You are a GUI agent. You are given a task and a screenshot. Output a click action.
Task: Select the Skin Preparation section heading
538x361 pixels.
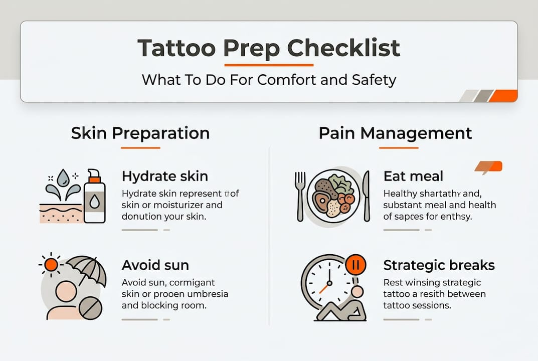(x=140, y=133)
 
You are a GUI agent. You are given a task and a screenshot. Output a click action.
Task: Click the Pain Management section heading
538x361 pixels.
(x=395, y=133)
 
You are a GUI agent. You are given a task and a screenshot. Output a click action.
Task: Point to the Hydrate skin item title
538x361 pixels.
(x=165, y=176)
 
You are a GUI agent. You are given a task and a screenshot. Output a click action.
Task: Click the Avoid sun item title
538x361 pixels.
(x=155, y=265)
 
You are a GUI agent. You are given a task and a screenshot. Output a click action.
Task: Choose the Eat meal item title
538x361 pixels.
(x=413, y=176)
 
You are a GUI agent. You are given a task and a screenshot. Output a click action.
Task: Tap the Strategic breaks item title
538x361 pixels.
(x=439, y=265)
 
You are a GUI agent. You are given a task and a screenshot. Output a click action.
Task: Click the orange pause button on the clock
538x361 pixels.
(x=355, y=265)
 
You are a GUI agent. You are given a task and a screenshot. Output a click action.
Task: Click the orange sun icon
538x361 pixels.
(x=51, y=264)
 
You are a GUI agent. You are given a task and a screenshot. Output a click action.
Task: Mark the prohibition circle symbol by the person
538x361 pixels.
(x=91, y=308)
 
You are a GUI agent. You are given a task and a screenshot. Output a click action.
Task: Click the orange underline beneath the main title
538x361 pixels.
(x=269, y=64)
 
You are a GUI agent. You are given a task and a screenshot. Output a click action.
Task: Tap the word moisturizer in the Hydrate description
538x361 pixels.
(x=182, y=205)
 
